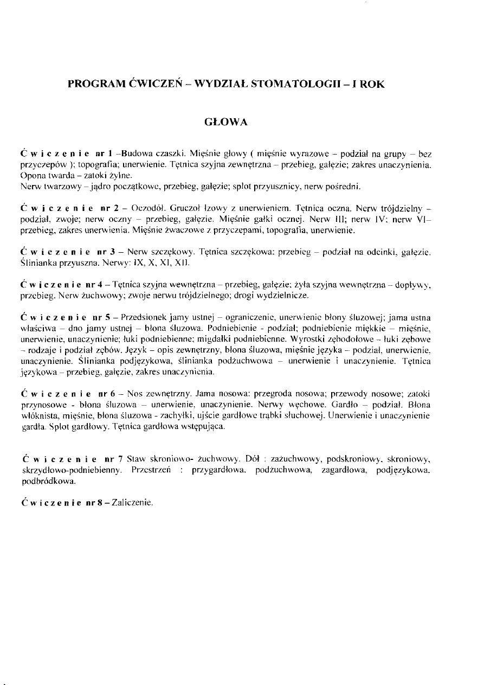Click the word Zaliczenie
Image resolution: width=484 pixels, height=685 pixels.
133,502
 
